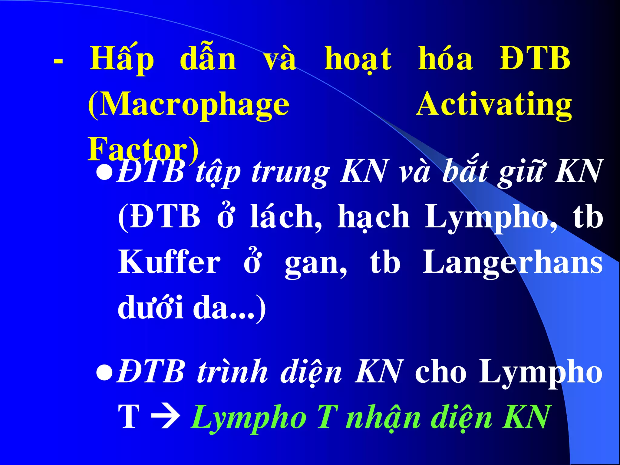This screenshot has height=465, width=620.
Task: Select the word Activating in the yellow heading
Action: (494, 104)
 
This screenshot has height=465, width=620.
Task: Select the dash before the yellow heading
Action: (58, 61)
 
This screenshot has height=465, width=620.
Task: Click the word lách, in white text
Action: (286, 217)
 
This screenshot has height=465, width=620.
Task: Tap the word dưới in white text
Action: (150, 307)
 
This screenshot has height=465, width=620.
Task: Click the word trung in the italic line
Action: (290, 173)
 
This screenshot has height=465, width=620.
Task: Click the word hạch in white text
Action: (374, 217)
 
